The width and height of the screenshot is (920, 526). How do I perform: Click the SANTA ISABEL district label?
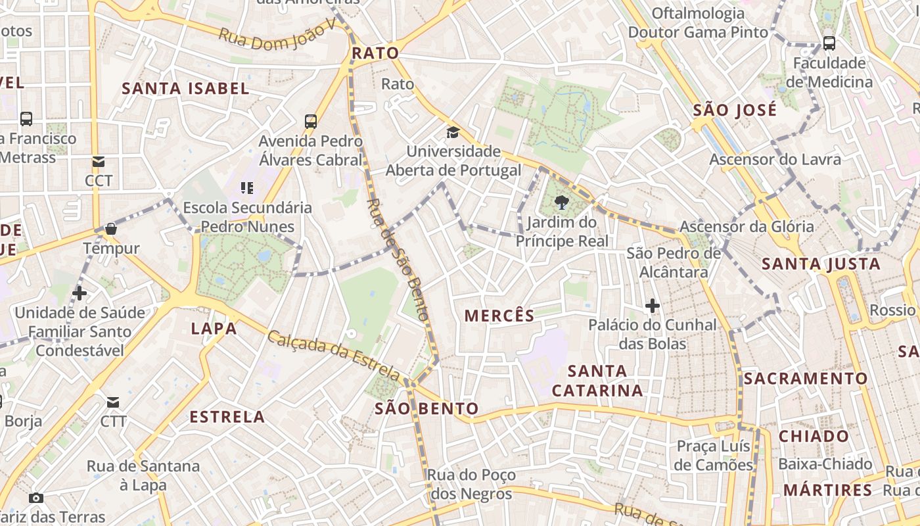pyautogui.click(x=186, y=89)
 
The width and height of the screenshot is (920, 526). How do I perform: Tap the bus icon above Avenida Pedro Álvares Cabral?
pyautogui.click(x=311, y=121)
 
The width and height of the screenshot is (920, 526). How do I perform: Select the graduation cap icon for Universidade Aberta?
pyautogui.click(x=453, y=133)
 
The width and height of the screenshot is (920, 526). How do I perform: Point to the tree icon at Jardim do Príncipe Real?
pyautogui.click(x=561, y=202)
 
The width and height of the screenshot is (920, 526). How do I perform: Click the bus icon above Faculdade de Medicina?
pyautogui.click(x=829, y=43)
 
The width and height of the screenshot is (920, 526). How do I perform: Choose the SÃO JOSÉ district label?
pyautogui.click(x=735, y=110)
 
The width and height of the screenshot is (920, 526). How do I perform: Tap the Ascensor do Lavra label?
pyautogui.click(x=775, y=159)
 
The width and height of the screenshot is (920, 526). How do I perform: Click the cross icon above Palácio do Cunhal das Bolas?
pyautogui.click(x=652, y=306)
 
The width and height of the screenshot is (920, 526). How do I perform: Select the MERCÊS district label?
pyautogui.click(x=499, y=316)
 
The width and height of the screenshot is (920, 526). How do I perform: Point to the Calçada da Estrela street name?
pyautogui.click(x=333, y=356)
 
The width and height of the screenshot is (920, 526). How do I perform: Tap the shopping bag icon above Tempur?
pyautogui.click(x=111, y=229)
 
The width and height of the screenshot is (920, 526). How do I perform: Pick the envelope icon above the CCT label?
pyautogui.click(x=99, y=162)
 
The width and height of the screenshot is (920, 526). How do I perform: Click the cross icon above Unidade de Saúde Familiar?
pyautogui.click(x=80, y=293)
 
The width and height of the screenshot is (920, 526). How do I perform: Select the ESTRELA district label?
pyautogui.click(x=227, y=417)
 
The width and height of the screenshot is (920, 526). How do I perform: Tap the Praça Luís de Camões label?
pyautogui.click(x=714, y=456)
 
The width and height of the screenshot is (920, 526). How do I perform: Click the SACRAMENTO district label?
pyautogui.click(x=806, y=379)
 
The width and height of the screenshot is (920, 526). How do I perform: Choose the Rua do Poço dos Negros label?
pyautogui.click(x=471, y=485)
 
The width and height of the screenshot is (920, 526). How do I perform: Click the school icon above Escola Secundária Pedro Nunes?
pyautogui.click(x=247, y=189)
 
